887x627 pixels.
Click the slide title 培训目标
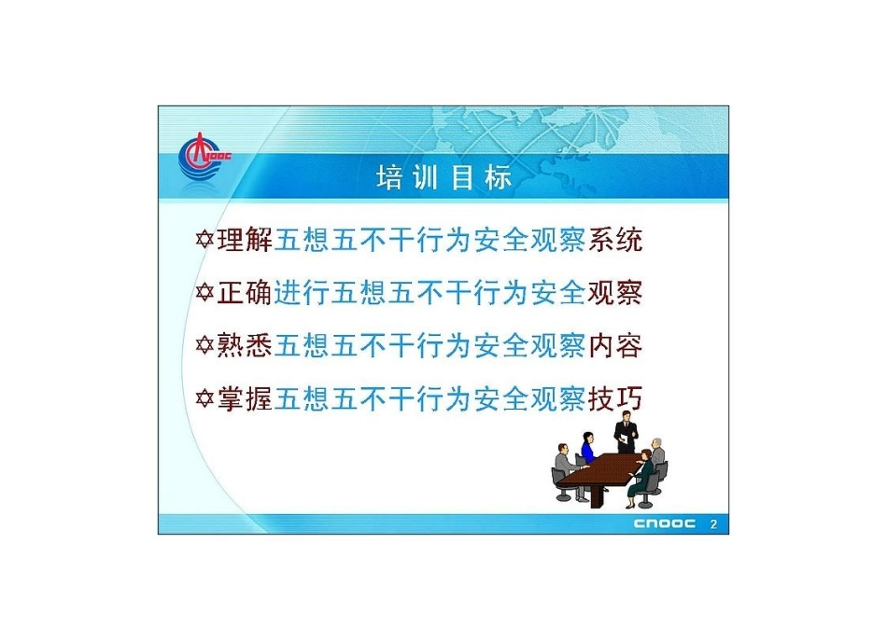444,178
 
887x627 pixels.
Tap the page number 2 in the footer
714,523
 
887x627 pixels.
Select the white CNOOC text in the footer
665,523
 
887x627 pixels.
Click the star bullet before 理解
204,241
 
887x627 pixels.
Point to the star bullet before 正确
204,294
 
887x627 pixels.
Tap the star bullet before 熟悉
204,346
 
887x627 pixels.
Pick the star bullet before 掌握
204,399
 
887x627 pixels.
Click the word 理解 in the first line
245,241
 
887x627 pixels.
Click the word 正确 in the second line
245,294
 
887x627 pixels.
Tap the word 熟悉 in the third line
245,346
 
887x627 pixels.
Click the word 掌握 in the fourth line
245,399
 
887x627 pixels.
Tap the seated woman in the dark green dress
641,476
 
